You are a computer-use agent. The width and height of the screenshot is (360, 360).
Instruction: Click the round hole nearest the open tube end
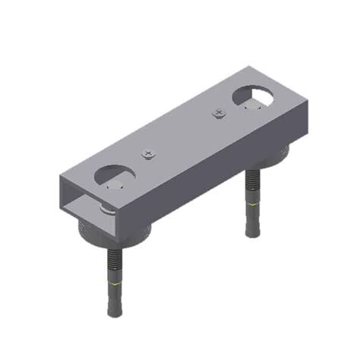(x=114, y=176)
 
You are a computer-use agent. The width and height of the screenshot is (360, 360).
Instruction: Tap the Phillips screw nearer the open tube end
(x=147, y=154)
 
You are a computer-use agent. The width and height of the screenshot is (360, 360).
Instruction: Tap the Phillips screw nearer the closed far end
(x=219, y=114)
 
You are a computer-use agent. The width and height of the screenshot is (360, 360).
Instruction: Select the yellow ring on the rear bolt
(x=252, y=203)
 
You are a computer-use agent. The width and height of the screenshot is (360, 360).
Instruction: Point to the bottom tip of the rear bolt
(x=252, y=235)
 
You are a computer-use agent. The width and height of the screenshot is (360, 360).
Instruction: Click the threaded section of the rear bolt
(x=251, y=187)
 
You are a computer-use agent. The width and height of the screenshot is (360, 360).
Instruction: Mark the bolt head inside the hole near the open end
(x=115, y=184)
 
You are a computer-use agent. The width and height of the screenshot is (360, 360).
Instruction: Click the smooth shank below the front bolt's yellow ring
(x=115, y=300)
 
